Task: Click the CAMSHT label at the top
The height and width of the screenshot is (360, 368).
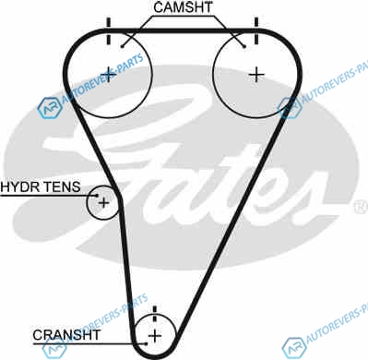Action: point(183,7)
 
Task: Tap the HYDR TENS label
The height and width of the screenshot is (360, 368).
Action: point(41,186)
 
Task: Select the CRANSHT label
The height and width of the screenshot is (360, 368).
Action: point(66,335)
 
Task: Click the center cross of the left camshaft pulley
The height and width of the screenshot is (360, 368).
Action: point(109,74)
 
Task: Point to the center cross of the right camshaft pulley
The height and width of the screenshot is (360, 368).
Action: point(256,75)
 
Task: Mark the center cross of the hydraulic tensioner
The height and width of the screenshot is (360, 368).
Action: point(103,203)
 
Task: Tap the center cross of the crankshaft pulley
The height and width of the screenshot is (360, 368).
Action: point(155,336)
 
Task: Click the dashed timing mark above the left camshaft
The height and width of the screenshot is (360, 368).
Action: point(108,31)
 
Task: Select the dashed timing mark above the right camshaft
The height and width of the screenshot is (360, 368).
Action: point(256,30)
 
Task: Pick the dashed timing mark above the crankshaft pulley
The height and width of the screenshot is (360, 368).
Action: point(155,314)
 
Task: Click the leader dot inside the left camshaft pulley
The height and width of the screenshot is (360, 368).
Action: point(122,46)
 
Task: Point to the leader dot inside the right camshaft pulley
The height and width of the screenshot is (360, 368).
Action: point(244,46)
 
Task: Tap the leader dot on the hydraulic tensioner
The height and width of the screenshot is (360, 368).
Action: point(97,195)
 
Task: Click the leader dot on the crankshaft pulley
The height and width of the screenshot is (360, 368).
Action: point(147,343)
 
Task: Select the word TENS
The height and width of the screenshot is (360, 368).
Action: point(62,186)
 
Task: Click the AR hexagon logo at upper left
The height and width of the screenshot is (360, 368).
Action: point(50,108)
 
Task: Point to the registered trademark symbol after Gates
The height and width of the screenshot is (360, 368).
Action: point(362,207)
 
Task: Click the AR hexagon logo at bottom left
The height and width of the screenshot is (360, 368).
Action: point(54,349)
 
